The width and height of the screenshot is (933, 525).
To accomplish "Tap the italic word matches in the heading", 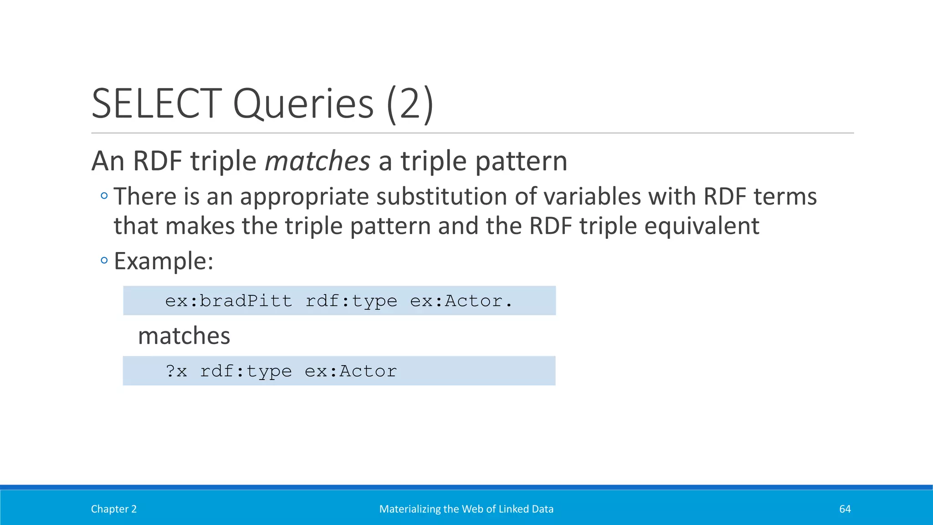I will click(x=318, y=161).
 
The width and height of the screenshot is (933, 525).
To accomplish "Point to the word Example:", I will click(x=164, y=261).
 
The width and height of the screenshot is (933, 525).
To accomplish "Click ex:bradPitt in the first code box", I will click(x=229, y=301).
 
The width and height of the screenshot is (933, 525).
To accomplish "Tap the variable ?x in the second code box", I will click(x=176, y=371).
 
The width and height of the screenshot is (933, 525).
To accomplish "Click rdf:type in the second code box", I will click(x=246, y=371).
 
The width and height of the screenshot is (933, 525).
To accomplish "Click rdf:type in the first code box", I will click(x=351, y=301).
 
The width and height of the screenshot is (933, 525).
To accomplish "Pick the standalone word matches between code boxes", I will click(x=184, y=336).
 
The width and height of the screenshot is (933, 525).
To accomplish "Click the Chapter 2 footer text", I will click(x=113, y=509).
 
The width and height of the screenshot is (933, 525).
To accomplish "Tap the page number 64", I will click(x=845, y=509).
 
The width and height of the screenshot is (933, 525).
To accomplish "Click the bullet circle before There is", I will click(x=104, y=196).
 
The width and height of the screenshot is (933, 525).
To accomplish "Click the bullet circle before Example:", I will click(x=104, y=261).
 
